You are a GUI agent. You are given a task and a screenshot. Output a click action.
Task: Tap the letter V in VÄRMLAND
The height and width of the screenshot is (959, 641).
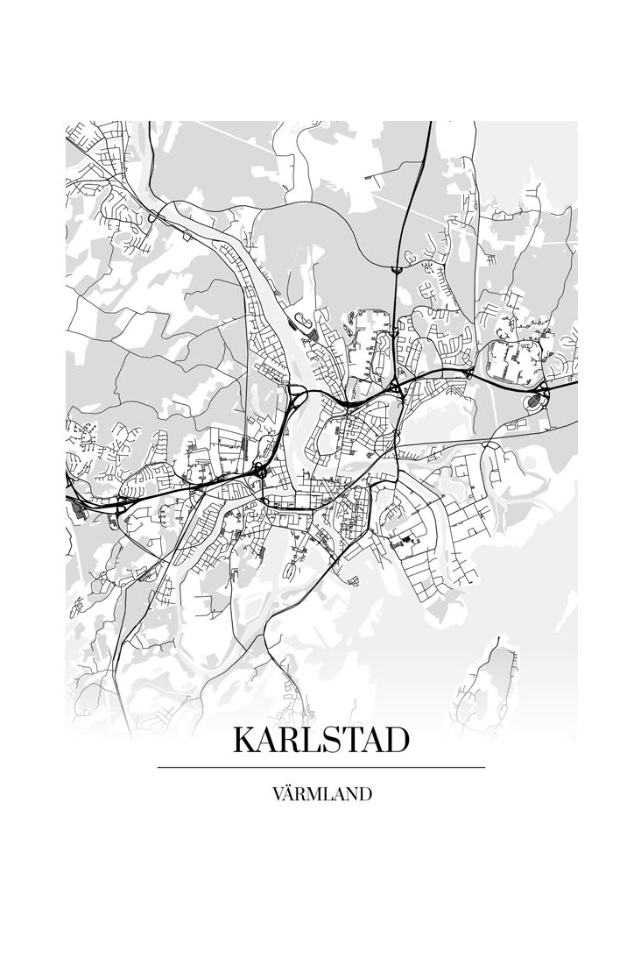[x=278, y=795]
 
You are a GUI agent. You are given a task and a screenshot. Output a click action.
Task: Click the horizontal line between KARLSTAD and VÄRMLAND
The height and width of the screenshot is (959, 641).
[x=320, y=767]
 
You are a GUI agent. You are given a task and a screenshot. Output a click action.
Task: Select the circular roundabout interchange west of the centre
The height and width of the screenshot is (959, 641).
[x=260, y=472]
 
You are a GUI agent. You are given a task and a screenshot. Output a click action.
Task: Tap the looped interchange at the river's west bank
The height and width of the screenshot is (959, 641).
[x=294, y=403]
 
